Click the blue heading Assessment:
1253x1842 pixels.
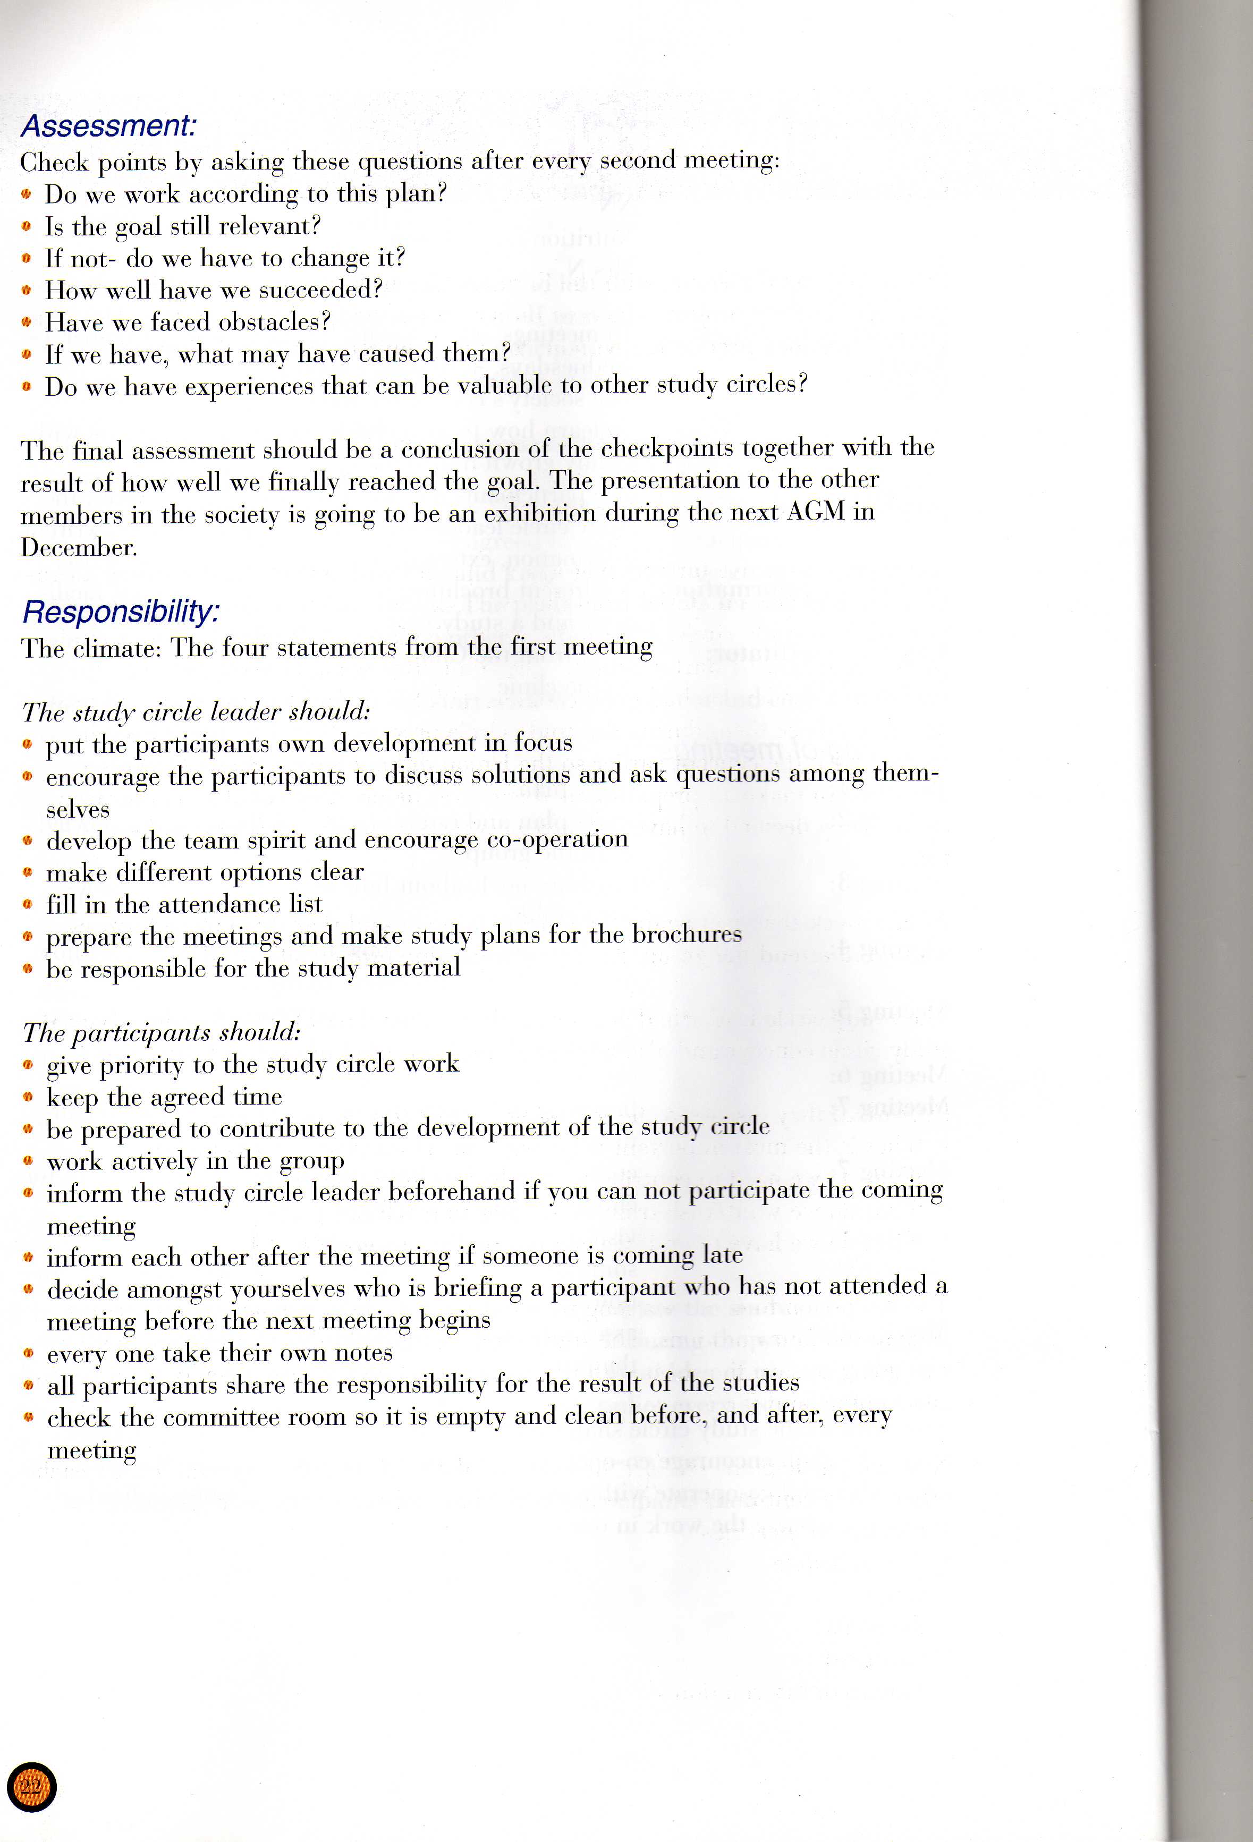[108, 126]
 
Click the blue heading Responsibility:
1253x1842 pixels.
[121, 612]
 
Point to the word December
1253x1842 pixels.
[79, 548]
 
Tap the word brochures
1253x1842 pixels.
[687, 935]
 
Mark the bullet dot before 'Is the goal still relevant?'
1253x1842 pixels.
[28, 227]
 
